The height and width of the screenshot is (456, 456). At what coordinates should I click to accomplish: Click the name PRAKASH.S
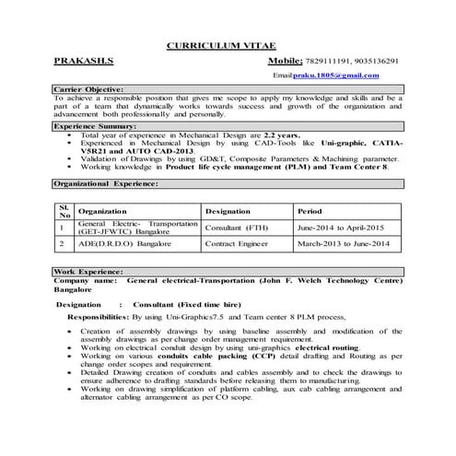point(84,61)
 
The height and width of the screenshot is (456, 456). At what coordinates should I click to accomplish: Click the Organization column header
point(109,211)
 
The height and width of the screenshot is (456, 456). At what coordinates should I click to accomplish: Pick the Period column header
point(308,211)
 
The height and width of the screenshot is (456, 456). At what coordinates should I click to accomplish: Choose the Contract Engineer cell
point(238,244)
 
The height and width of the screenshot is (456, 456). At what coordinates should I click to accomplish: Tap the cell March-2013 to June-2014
point(344,244)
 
